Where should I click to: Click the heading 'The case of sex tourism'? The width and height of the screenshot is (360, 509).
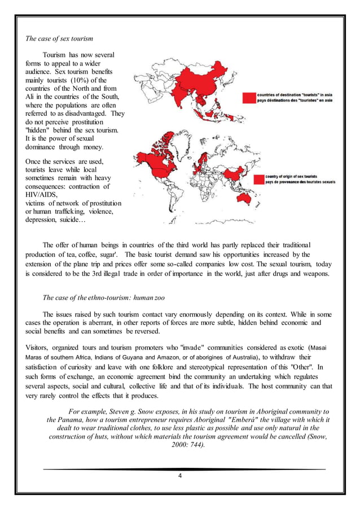click(x=59, y=39)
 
